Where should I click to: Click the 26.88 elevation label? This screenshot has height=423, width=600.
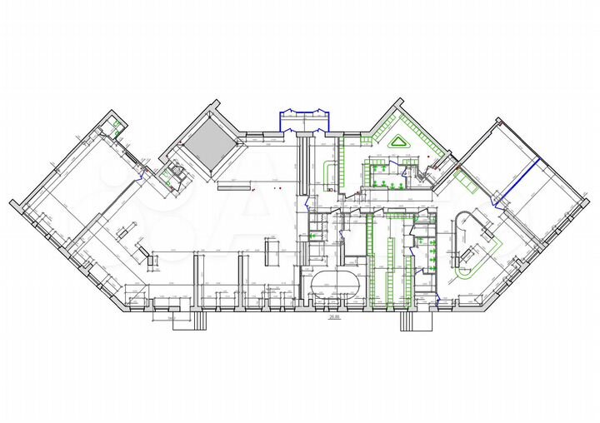click(333, 317)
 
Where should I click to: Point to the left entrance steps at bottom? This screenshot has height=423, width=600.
click(187, 320)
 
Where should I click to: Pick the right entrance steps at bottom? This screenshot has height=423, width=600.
click(417, 321)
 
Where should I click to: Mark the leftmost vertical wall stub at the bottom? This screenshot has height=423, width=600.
click(197, 279)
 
